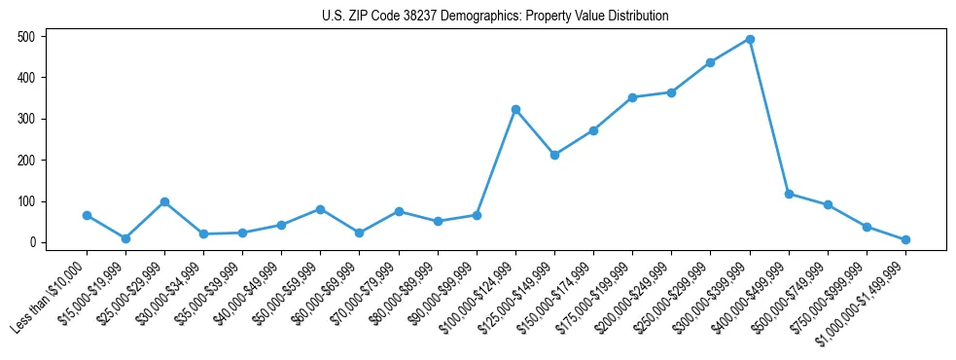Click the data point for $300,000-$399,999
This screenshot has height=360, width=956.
(750, 40)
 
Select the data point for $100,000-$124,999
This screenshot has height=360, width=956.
(515, 109)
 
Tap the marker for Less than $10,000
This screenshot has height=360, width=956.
(87, 215)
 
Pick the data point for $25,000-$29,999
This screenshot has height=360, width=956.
(164, 201)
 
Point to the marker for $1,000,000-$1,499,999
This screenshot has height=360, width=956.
(905, 239)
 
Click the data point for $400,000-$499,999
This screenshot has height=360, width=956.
(789, 194)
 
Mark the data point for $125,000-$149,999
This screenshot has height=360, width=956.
(554, 155)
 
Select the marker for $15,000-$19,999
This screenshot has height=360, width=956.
(125, 238)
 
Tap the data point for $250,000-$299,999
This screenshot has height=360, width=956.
(710, 62)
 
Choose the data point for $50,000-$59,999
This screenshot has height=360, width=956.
(320, 209)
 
